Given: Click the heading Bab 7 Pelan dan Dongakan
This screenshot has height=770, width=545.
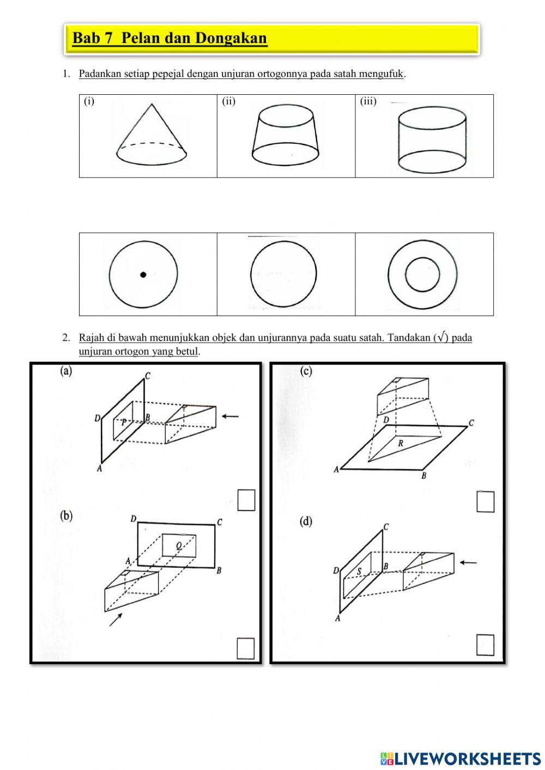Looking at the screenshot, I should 169,38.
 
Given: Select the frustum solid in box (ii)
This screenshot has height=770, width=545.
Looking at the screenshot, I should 285,136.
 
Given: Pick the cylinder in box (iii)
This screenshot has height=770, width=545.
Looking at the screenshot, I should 432,138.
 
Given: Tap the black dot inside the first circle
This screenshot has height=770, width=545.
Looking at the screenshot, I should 143,275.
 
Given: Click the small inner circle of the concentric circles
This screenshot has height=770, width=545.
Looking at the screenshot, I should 423,275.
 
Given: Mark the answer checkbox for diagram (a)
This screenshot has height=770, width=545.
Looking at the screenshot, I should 246,501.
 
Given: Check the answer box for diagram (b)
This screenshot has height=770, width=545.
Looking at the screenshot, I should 246,648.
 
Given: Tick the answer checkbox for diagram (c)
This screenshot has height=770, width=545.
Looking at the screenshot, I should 485,502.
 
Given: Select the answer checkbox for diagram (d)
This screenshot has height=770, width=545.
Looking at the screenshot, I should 485,645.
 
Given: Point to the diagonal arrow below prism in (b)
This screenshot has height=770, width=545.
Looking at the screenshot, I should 116,619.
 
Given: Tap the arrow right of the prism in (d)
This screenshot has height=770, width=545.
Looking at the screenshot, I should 468,562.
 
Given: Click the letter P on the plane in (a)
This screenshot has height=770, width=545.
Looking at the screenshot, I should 124,422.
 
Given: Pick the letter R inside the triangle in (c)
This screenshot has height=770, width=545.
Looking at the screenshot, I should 401,444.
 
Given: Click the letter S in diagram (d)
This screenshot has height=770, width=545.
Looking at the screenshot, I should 359,572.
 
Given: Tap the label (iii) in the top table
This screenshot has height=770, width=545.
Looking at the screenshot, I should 368,101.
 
